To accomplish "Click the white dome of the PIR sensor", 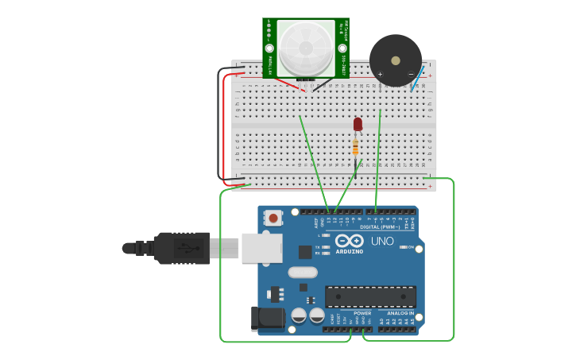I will click(306, 48).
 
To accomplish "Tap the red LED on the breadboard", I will click(358, 124).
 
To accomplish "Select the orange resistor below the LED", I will click(355, 147).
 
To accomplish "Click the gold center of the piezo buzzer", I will click(396, 60).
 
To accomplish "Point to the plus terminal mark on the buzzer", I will click(381, 75).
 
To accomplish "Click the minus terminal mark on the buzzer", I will click(411, 75).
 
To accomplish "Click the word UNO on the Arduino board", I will click(382, 241).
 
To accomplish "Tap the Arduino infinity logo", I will click(350, 241).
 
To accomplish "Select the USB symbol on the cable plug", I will click(187, 248).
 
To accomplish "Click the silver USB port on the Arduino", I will click(261, 248).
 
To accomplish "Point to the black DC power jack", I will click(267, 318).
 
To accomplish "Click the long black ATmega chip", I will click(370, 296).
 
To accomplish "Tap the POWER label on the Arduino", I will click(362, 313).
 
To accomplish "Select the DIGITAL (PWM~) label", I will click(381, 226).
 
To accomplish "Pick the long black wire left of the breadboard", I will click(218, 127).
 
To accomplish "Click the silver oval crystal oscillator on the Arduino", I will click(303, 273).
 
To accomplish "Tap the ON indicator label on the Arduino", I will click(411, 247).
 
